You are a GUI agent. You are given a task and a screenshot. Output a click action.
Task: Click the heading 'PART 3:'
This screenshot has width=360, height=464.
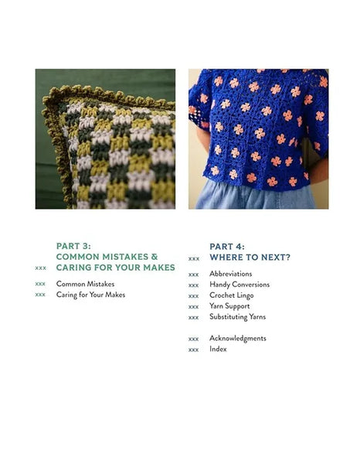pyautogui.click(x=73, y=246)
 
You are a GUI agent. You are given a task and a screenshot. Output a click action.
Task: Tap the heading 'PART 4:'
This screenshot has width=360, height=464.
pyautogui.click(x=227, y=246)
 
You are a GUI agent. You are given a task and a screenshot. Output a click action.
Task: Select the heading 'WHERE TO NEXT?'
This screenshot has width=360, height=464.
pyautogui.click(x=250, y=257)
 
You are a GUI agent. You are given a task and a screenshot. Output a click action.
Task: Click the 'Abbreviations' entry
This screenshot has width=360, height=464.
pyautogui.click(x=230, y=274)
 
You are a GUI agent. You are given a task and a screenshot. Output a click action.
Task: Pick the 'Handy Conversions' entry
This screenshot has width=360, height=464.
pyautogui.click(x=239, y=285)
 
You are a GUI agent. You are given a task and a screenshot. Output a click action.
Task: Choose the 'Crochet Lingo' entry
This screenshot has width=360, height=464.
pyautogui.click(x=232, y=295)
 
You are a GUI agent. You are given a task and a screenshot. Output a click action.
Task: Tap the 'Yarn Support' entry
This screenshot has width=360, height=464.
pyautogui.click(x=229, y=306)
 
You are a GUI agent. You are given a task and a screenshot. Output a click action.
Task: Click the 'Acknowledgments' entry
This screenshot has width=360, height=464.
pyautogui.click(x=238, y=338)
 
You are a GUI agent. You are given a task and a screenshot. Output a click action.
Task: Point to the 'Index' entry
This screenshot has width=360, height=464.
pyautogui.click(x=218, y=349)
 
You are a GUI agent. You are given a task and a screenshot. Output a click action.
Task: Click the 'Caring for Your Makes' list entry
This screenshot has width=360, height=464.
pyautogui.click(x=90, y=295)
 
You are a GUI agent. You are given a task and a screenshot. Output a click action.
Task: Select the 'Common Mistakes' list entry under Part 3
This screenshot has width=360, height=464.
pyautogui.click(x=85, y=284)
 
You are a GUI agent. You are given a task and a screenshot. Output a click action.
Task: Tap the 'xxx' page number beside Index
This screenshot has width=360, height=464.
pyautogui.click(x=193, y=350)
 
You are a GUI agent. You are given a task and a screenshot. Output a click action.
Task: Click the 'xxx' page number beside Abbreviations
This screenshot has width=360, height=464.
pyautogui.click(x=193, y=275)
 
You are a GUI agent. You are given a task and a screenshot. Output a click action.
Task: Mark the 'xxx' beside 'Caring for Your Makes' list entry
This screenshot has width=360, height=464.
pyautogui.click(x=40, y=295)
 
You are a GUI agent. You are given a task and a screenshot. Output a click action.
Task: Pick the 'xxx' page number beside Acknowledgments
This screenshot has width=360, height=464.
pyautogui.click(x=193, y=339)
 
